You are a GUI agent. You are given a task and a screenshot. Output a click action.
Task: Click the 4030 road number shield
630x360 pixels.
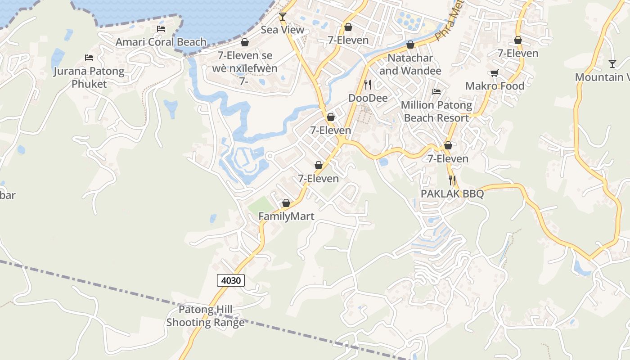231,280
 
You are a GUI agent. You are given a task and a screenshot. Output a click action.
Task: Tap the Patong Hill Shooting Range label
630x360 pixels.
206,316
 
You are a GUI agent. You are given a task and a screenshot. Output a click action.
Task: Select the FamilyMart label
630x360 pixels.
286,216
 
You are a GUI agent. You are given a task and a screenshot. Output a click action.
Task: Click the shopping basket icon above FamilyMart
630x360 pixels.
286,203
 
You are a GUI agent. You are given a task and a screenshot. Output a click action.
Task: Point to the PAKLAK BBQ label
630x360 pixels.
452,193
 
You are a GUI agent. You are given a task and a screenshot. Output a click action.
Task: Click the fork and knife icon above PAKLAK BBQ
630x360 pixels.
452,180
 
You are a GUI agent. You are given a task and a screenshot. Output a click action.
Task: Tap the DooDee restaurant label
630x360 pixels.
368,98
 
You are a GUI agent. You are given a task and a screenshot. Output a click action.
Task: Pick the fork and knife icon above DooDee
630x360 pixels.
368,84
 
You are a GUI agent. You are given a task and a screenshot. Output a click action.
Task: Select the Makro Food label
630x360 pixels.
495,86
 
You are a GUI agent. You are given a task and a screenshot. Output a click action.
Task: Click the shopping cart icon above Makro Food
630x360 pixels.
494,73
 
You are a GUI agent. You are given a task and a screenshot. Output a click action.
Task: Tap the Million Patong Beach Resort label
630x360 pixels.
436,112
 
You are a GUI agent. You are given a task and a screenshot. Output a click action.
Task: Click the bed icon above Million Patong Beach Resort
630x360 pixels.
436,92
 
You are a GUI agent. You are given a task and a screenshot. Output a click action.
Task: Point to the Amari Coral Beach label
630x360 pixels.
161,42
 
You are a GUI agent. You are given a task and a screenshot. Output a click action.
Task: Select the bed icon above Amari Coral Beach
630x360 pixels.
161,29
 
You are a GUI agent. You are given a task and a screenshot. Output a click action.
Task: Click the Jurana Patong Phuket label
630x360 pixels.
89,77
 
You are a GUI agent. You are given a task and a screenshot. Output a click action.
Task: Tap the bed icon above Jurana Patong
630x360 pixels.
89,58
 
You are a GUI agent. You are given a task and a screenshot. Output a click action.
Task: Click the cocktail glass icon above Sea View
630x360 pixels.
283,17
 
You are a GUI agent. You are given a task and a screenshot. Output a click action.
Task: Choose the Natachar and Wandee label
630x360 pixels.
410,64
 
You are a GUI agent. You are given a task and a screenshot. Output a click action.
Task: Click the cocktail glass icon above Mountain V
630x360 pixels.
612,63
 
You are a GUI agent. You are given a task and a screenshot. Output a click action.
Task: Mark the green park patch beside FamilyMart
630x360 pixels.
261,205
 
